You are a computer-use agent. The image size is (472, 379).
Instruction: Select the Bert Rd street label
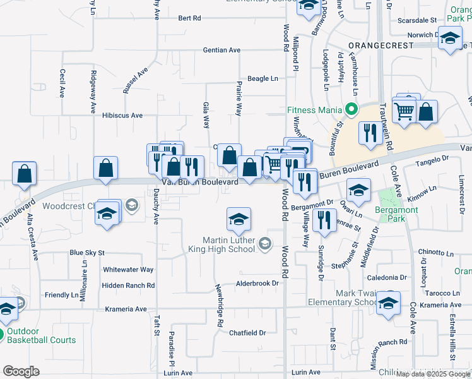point(189,18)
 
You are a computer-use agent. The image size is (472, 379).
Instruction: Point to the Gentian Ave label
point(221,50)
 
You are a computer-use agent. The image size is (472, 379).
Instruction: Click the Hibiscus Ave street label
point(122,116)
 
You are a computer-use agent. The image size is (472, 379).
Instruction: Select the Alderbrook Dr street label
point(257,284)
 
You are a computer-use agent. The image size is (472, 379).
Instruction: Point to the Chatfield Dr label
point(247,333)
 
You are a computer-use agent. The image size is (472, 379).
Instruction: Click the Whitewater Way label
point(128,269)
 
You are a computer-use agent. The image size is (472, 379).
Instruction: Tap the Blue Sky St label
point(86,253)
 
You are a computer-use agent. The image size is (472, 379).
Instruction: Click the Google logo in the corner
point(21,371)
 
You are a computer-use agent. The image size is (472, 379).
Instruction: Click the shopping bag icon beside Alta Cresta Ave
point(24,175)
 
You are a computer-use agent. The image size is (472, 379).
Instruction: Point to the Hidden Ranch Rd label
point(128,286)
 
